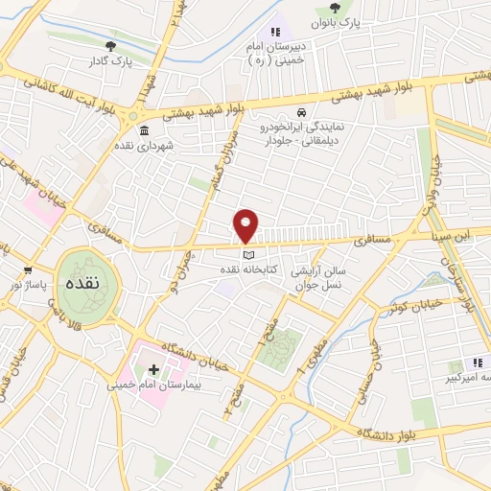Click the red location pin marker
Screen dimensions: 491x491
point(246,225)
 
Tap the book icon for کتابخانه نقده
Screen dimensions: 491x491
point(248,256)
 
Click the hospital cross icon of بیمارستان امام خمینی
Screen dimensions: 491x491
point(153,369)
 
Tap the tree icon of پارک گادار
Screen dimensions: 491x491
point(113,45)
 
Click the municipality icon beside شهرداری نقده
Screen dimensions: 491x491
point(144,131)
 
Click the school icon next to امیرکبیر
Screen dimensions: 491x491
point(475,363)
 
